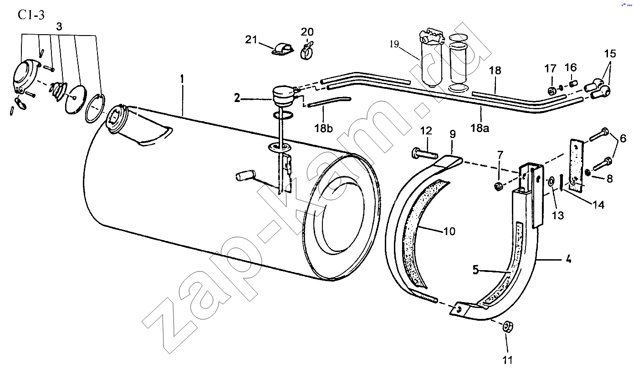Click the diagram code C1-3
[31, 15]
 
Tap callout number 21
[251, 40]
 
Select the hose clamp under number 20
[306, 51]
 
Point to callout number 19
[394, 44]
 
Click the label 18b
[324, 128]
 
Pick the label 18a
[480, 128]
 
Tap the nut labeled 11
[508, 327]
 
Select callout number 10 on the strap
[449, 231]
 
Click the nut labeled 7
[498, 186]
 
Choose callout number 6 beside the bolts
[623, 139]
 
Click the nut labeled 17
[551, 91]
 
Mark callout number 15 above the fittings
[610, 54]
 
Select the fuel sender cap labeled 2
[284, 96]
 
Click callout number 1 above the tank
[182, 79]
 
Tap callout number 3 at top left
[59, 26]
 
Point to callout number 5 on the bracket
[476, 270]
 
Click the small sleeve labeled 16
[573, 84]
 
